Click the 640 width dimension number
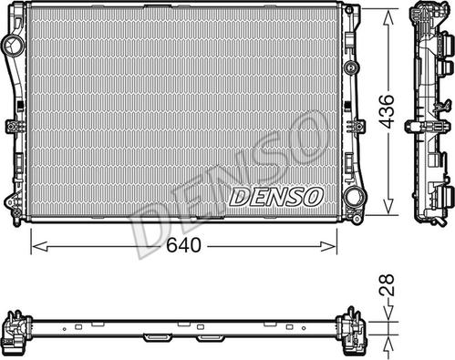pos(183,245)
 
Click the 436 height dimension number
pos(387,110)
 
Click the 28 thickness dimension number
pos(387,284)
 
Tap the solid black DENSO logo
pos(275,197)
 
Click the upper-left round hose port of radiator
pos(14,45)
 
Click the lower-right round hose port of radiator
pos(353,197)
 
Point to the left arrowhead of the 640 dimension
pos(39,246)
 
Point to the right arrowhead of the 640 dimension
pos(328,246)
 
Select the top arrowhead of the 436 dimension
pos(388,17)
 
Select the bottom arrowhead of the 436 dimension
pos(388,207)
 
